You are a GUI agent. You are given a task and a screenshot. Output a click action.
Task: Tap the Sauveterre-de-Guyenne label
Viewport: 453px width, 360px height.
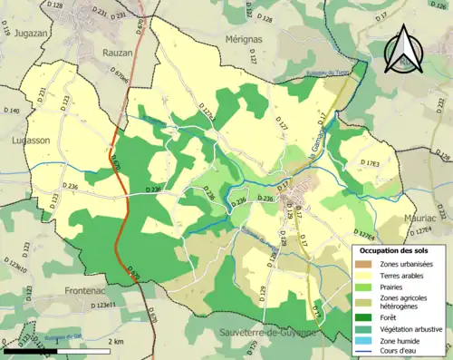point(267,333)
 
